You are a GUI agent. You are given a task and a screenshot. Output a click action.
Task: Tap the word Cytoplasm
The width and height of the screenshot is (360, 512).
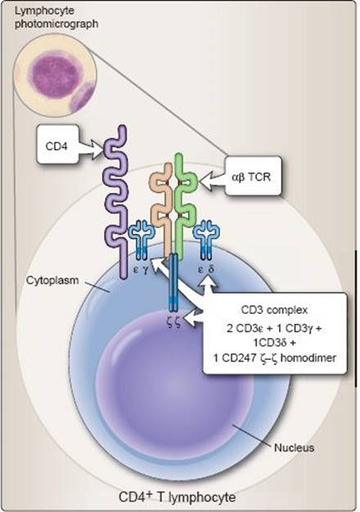pos(52,281)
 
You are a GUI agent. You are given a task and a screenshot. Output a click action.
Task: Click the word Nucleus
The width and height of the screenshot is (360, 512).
pos(294,447)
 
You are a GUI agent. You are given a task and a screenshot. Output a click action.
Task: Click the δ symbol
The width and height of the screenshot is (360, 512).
pos(211,269)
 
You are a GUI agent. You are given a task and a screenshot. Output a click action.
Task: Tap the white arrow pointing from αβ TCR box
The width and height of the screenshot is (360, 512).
pos(213,179)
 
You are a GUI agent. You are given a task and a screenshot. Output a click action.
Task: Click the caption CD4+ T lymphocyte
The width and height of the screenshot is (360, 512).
pos(177,497)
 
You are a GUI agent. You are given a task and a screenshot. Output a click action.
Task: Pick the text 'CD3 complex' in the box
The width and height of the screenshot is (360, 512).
pos(274,309)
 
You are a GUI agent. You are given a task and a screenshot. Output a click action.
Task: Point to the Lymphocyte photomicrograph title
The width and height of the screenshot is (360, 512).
pos(56,17)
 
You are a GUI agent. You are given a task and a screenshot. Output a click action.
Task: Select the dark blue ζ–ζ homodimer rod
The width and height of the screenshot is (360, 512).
pos(173,282)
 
